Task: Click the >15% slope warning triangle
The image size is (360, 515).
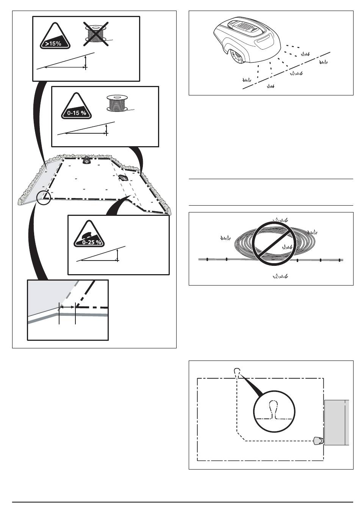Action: pyautogui.click(x=55, y=36)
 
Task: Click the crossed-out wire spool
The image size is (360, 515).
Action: pyautogui.click(x=96, y=34)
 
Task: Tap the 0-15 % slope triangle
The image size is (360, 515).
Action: pyautogui.click(x=76, y=106)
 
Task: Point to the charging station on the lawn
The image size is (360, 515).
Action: pyautogui.click(x=87, y=160)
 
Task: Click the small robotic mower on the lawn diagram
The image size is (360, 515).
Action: pyautogui.click(x=123, y=178)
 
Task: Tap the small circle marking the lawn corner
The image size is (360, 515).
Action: pyautogui.click(x=44, y=197)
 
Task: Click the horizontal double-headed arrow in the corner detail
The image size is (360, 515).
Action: pyautogui.click(x=67, y=307)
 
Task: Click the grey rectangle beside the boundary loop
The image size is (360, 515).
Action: pyautogui.click(x=337, y=423)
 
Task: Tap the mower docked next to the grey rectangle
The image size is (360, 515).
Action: pyautogui.click(x=318, y=440)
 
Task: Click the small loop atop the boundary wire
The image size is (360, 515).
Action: pyautogui.click(x=237, y=371)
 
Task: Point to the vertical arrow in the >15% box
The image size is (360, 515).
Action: pyautogui.click(x=86, y=62)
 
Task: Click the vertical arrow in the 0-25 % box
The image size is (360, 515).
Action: pyautogui.click(x=117, y=255)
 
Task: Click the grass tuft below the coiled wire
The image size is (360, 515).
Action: pyautogui.click(x=280, y=276)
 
